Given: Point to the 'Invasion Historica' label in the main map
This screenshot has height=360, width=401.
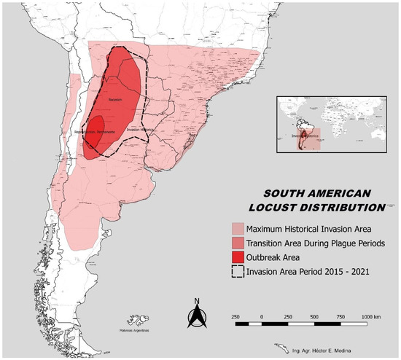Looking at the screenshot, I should point(141,130).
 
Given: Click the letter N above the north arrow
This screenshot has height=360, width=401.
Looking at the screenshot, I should point(196,300).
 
